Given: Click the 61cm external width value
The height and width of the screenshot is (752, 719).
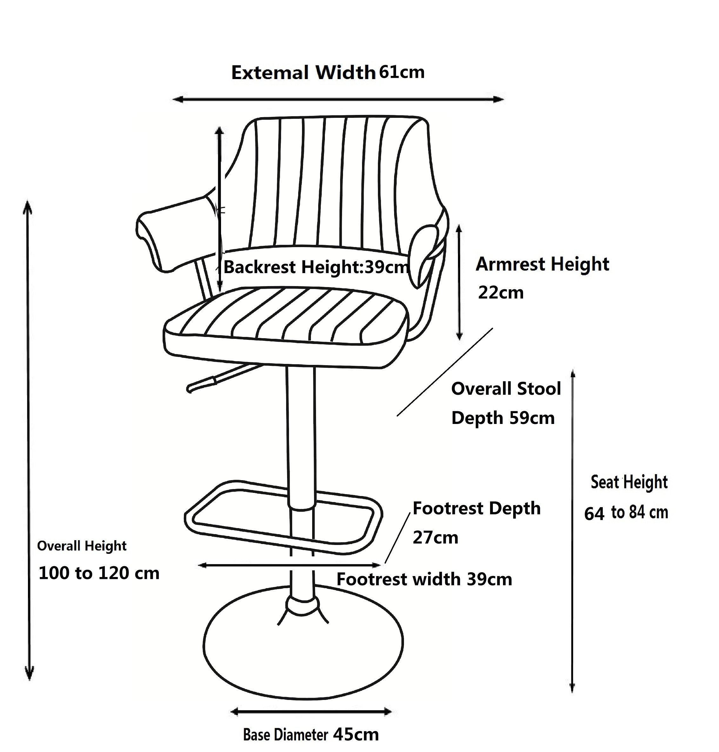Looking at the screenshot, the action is point(402,72).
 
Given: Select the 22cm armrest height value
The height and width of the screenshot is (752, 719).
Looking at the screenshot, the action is point(501,293).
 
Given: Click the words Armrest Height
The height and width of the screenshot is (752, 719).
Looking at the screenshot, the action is point(542,265).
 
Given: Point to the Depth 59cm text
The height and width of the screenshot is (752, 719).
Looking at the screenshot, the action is point(503,418).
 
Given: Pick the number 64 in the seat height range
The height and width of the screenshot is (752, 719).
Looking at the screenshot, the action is point(594,514).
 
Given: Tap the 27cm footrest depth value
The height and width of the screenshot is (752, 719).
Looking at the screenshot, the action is point(435,538).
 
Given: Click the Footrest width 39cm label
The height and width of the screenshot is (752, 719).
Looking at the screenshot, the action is point(424,579).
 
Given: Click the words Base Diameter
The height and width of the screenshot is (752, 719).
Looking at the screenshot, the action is point(286,735).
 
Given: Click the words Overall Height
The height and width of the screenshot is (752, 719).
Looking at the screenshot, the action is point(82,546).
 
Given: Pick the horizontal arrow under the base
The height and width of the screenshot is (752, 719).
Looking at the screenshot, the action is point(311,711).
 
